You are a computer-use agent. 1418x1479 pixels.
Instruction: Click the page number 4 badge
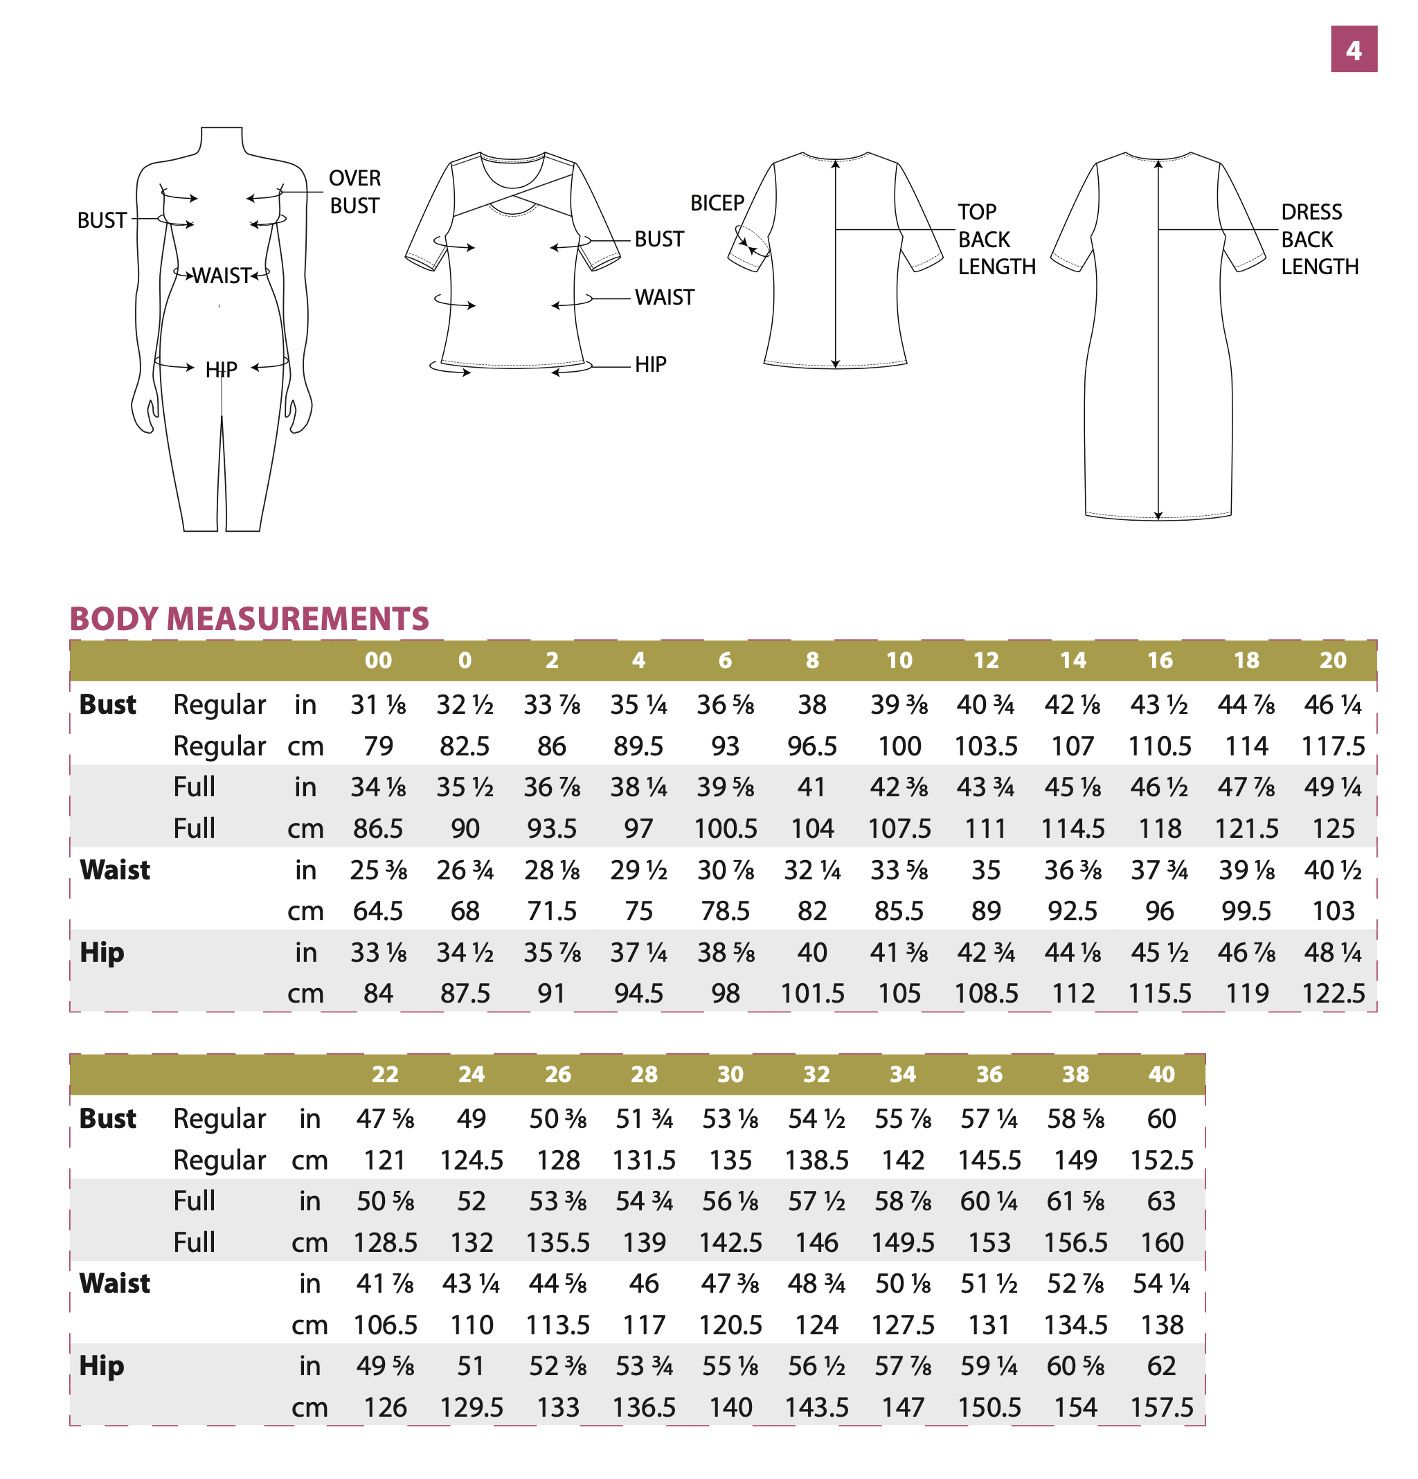coord(1353,49)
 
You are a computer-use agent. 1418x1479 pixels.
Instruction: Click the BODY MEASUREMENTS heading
coord(249,619)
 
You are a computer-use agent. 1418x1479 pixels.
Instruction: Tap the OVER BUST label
coord(354,192)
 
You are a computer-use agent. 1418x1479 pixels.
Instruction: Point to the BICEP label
coord(717,202)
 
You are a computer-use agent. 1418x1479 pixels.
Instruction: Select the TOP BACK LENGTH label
coord(996,239)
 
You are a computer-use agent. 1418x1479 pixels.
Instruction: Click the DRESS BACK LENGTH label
coord(1319,239)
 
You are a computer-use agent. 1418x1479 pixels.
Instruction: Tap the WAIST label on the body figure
coord(221,276)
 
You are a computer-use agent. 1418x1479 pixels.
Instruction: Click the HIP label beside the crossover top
coord(651,364)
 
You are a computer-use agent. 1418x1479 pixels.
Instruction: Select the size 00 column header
coord(378,661)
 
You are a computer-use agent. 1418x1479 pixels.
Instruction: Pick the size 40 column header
coord(1161,1074)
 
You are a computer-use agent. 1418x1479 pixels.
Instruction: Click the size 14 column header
coord(1073,661)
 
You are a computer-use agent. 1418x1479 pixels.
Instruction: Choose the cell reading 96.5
coord(812,746)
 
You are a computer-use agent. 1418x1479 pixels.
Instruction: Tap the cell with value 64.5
coord(378,911)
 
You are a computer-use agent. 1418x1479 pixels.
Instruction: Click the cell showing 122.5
coord(1334,993)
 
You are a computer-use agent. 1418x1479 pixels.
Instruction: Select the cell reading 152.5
coord(1161,1160)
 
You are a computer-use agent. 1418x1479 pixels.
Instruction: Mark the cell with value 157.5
coord(1161,1407)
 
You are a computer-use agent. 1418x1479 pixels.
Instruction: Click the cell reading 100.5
coord(725,829)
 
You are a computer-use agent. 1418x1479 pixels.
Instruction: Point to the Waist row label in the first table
coord(115,870)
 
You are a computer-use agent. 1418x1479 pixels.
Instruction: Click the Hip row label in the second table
coord(102,1366)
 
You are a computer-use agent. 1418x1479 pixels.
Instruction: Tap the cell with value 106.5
coord(385,1325)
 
